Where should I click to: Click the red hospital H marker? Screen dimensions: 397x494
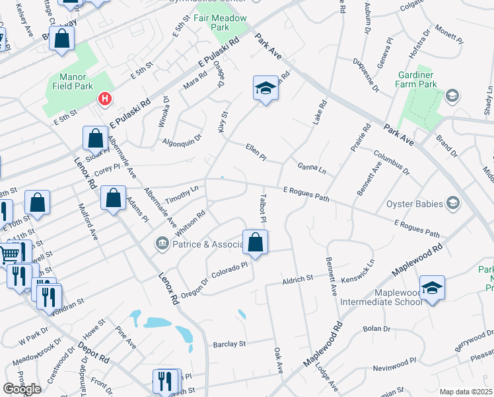pos(104,99)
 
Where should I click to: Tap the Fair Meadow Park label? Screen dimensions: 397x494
pos(221,23)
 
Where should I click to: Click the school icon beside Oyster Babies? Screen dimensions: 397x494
pos(453,202)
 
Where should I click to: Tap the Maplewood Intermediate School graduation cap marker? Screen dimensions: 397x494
pos(432,288)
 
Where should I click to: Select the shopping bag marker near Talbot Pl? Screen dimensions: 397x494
pos(256,243)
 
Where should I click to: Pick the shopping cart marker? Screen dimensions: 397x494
pos(8,253)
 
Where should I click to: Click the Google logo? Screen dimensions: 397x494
pos(22,388)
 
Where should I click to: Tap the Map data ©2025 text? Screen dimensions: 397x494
pos(466,392)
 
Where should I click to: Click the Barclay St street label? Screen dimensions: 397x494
pos(229,344)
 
